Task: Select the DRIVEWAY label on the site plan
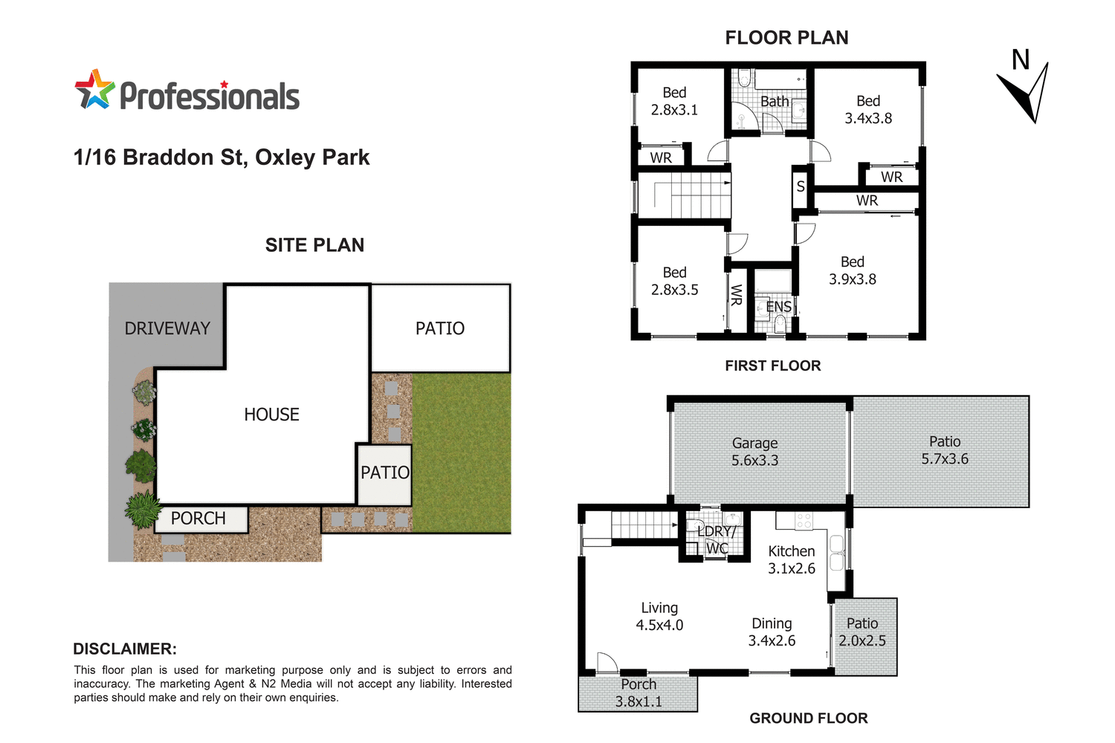[x=167, y=328]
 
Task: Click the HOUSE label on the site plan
[x=271, y=415]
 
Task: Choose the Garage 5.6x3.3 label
[x=754, y=452]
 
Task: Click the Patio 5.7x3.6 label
[x=945, y=450]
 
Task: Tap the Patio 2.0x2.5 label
[x=862, y=632]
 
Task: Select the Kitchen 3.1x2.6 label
[x=792, y=559]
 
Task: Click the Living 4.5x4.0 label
[x=659, y=617]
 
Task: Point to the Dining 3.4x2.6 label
[x=772, y=632]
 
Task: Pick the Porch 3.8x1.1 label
[x=639, y=692]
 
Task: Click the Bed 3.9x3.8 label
[x=853, y=270]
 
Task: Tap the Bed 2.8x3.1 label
[x=674, y=101]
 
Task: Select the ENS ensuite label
[x=778, y=307]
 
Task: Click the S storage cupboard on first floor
[x=801, y=186]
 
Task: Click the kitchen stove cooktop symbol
[x=804, y=521]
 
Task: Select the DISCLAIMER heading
[x=125, y=649]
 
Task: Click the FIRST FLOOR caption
[x=773, y=366]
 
